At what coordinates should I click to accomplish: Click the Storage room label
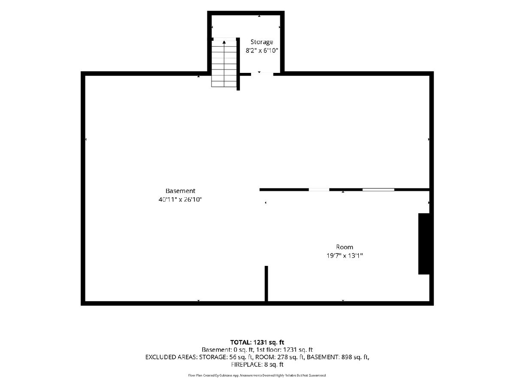click(x=262, y=42)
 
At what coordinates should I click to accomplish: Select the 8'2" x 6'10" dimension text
click(x=262, y=51)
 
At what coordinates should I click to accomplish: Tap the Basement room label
click(x=180, y=191)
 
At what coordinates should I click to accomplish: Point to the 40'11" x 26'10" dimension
click(x=180, y=199)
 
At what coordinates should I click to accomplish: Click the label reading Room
click(x=345, y=247)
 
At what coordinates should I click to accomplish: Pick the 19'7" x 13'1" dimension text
click(x=345, y=256)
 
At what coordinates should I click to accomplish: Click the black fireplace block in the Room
click(x=424, y=244)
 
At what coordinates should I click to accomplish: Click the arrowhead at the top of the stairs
click(x=224, y=42)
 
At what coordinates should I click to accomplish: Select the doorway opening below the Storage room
click(x=262, y=74)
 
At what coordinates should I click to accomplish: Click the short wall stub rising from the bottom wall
click(x=267, y=283)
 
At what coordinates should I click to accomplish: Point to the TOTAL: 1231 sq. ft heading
click(x=257, y=342)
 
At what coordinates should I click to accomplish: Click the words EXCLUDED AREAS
click(x=171, y=357)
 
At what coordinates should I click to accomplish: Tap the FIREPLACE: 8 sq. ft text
click(x=257, y=365)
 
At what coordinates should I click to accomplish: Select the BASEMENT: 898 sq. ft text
click(x=338, y=357)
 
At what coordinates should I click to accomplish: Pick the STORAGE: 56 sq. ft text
click(x=226, y=357)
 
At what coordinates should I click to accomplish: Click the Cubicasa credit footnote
click(x=257, y=375)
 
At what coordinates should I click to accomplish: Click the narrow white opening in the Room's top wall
click(x=319, y=190)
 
